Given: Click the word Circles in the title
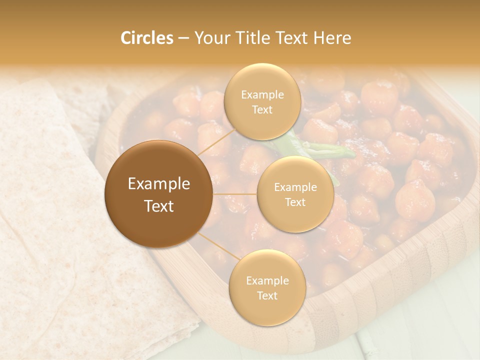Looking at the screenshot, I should point(146,38).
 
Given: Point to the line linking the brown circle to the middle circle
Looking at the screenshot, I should point(235,194).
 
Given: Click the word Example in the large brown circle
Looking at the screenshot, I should point(159,184).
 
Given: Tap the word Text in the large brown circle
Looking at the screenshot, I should point(159,206).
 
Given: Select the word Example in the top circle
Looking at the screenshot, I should point(262,95).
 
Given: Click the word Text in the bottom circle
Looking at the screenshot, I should point(267,295).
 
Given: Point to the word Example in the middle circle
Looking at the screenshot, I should point(295,187).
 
